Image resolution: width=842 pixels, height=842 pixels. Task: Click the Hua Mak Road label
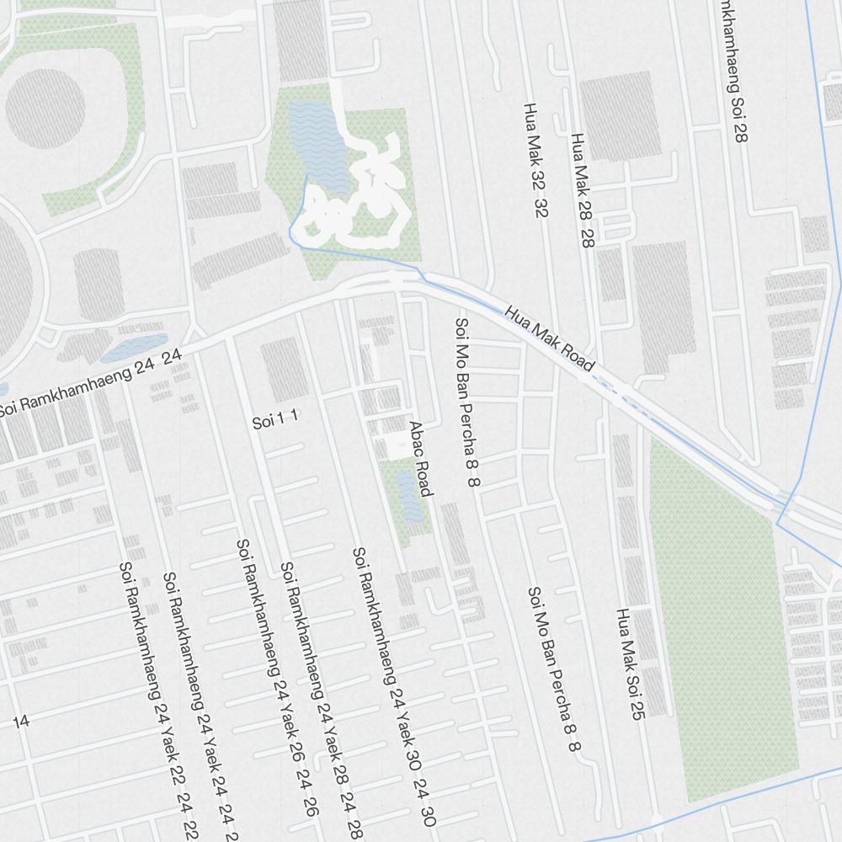pyautogui.click(x=550, y=339)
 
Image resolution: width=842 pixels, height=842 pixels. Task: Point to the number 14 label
pyautogui.click(x=21, y=721)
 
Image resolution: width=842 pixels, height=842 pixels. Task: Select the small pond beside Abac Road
pyautogui.click(x=408, y=497)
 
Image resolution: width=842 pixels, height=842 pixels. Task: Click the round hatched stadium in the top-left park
pyautogui.click(x=45, y=108)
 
